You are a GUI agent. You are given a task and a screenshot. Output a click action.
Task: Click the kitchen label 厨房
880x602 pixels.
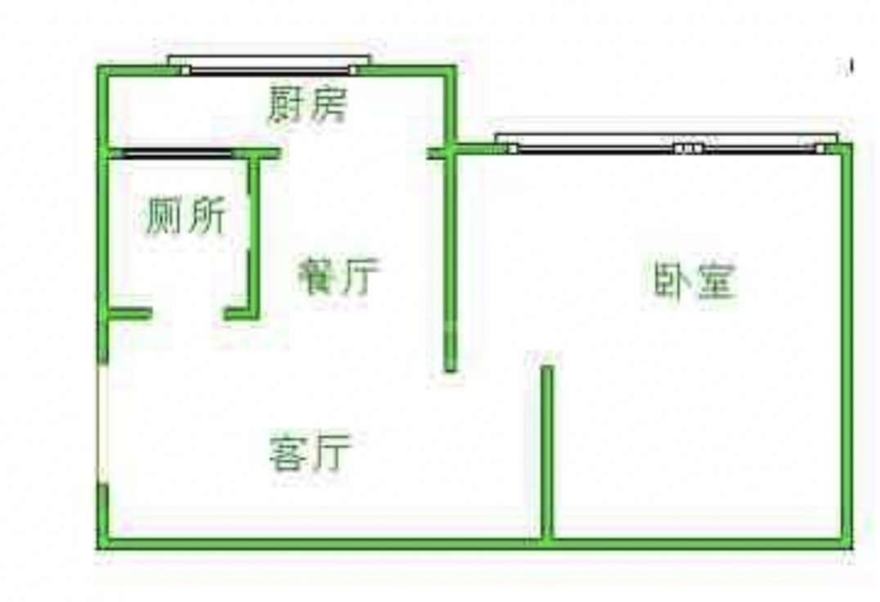308,105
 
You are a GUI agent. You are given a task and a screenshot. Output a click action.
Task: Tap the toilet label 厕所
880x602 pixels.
185,218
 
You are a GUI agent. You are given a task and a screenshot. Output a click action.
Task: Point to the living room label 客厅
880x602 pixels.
310,451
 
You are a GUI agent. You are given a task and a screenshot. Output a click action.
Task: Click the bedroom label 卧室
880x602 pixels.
694,281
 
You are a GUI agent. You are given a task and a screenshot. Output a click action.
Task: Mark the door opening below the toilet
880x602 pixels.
187,313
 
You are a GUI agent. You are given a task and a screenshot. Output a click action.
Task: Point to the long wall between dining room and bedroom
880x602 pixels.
450,262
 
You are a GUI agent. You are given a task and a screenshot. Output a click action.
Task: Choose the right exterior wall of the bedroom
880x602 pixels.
846,344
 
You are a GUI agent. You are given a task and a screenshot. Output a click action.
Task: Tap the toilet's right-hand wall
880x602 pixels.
254,233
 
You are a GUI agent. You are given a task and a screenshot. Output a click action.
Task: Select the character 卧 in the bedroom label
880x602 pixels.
672,281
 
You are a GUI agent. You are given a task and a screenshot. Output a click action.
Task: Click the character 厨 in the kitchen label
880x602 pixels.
287,105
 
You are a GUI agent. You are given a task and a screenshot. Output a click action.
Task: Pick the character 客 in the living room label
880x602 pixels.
289,451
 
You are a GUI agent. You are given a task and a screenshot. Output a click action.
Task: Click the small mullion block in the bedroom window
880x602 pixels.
689,149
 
